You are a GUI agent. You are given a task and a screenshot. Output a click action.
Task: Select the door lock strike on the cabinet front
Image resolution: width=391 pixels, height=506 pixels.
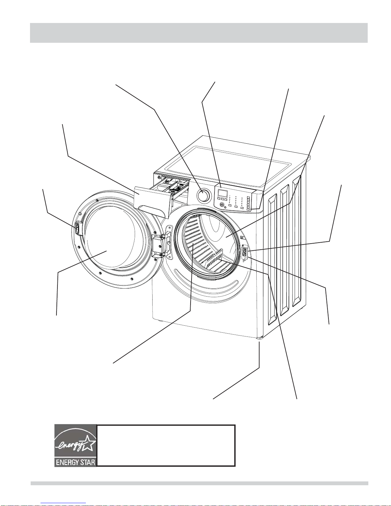pyautogui.click(x=245, y=252)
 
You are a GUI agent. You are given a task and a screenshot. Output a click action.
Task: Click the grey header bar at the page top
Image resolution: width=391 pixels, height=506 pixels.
pyautogui.click(x=199, y=33)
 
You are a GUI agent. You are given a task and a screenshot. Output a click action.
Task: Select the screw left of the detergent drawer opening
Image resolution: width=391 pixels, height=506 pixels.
pyautogui.click(x=159, y=177)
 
